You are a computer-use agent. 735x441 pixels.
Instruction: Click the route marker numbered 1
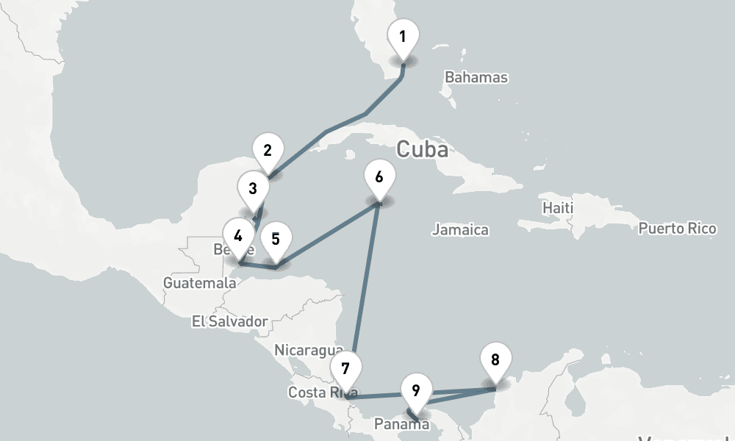click(x=402, y=36)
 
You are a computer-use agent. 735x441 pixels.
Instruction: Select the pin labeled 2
click(x=268, y=151)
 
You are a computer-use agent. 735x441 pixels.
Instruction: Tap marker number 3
click(x=253, y=188)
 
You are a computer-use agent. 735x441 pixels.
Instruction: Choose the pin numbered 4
click(x=238, y=236)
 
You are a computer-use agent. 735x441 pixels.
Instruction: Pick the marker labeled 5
click(x=276, y=239)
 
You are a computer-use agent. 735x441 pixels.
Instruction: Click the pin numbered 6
click(x=379, y=177)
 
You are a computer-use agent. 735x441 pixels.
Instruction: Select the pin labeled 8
click(x=495, y=360)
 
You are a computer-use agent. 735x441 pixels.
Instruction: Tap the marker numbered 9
click(x=416, y=390)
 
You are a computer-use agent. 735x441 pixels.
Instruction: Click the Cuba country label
click(x=422, y=149)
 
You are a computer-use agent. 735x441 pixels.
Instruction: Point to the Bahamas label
click(x=476, y=77)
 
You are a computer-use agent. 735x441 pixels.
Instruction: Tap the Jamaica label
click(x=460, y=230)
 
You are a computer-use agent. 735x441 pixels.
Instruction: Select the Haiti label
click(x=557, y=208)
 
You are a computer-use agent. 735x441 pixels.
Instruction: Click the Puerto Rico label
click(x=677, y=229)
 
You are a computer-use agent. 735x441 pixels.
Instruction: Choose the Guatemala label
click(x=200, y=282)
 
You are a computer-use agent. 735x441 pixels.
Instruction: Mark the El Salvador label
click(x=229, y=321)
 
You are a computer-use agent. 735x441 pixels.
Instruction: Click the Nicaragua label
click(x=309, y=350)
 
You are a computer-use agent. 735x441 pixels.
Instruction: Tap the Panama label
click(x=398, y=424)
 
